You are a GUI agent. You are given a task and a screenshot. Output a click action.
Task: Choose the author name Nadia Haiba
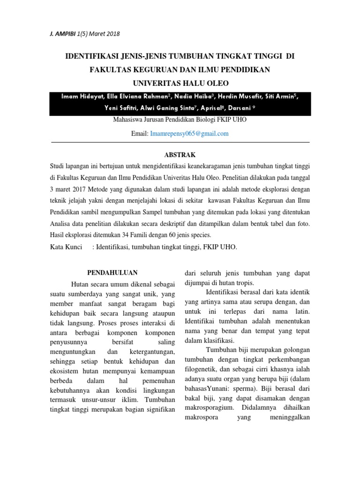tap(195, 97)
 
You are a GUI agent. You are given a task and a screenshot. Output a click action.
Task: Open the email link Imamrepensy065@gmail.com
tap(189, 134)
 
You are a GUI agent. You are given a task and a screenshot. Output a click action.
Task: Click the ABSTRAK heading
tap(180, 155)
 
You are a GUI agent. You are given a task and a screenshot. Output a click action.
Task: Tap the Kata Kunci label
tap(66, 247)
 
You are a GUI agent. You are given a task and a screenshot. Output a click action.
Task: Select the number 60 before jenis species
tap(166, 234)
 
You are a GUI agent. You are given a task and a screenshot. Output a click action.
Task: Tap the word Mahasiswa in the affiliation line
tap(128, 120)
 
